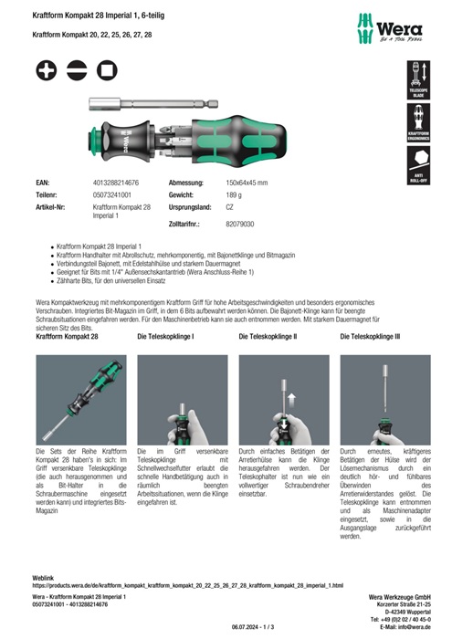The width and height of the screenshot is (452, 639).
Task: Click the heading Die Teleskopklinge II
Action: [x=268, y=337]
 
